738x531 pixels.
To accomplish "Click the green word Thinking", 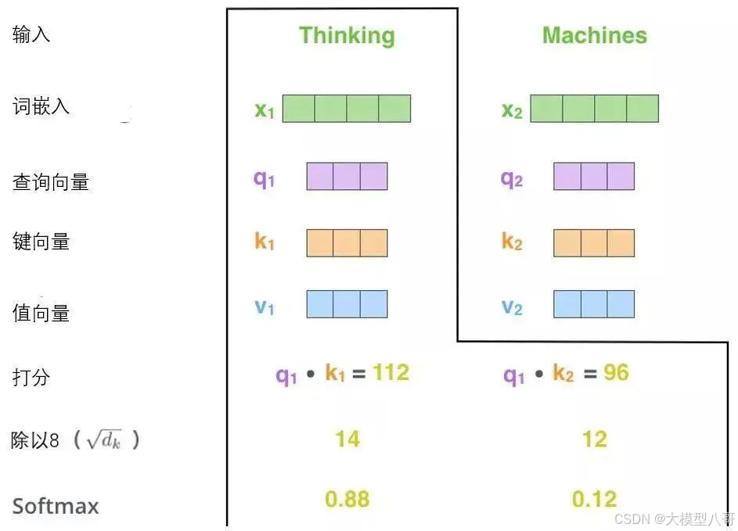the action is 347,35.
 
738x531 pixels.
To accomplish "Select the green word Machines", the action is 594,35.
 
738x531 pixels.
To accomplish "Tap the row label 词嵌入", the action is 41,106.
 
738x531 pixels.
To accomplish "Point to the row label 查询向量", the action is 51,182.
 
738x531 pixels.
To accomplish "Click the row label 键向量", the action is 41,241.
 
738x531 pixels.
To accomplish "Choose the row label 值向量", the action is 41,313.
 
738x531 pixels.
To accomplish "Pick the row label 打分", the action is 31,377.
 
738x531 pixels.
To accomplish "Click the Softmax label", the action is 56,506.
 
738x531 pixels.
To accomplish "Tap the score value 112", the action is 391,373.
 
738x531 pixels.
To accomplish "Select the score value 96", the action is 616,373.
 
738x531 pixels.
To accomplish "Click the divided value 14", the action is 347,439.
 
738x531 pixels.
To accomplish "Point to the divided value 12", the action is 594,439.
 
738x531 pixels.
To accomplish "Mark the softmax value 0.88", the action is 347,499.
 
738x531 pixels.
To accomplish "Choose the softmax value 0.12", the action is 594,499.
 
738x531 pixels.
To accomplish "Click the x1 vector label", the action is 265,109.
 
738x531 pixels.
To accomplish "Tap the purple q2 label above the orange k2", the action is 511,178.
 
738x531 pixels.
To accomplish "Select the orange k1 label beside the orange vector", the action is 265,242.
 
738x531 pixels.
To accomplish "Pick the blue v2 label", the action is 511,307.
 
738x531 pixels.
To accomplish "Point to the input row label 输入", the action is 31,35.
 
